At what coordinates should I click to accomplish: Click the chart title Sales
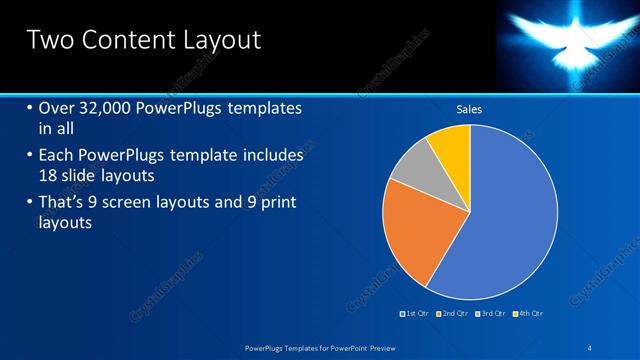coord(469,109)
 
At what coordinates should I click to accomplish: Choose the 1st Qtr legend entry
coord(415,314)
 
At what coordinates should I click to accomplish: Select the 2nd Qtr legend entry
coord(454,314)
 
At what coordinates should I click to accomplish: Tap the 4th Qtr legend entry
coord(529,314)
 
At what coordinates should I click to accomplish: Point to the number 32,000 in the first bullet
coord(109,108)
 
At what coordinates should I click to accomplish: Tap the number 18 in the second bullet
coord(48,175)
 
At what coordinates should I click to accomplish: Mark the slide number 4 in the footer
coord(589,347)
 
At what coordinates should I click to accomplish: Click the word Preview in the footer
coord(379,347)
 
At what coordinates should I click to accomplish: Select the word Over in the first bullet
coord(57,108)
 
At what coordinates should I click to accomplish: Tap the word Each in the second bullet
coord(57,156)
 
